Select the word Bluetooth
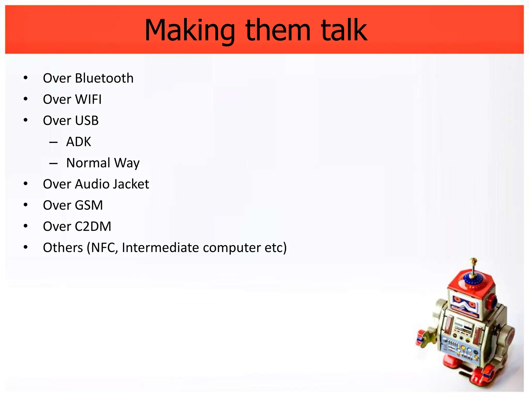coord(104,78)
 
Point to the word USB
coord(87,120)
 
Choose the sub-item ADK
coord(79,142)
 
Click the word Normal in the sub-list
coord(88,163)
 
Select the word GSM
coord(89,205)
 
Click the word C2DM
coord(93,226)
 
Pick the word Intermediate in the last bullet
coord(160,248)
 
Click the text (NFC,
coord(102,248)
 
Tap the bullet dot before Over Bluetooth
coord(25,78)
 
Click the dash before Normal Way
coord(53,163)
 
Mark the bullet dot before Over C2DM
coord(25,226)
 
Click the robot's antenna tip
coord(473,260)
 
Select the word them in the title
coord(278,30)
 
